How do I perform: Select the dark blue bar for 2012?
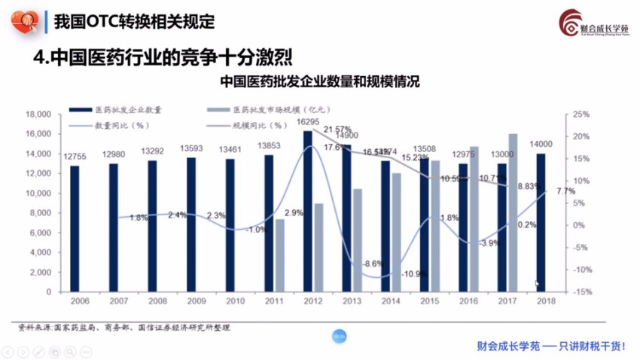pyautogui.click(x=307, y=211)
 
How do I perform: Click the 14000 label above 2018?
pyautogui.click(x=541, y=145)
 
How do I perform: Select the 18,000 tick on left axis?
pyautogui.click(x=37, y=114)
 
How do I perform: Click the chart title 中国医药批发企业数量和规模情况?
pyautogui.click(x=319, y=81)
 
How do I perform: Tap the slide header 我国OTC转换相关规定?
pyautogui.click(x=134, y=21)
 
